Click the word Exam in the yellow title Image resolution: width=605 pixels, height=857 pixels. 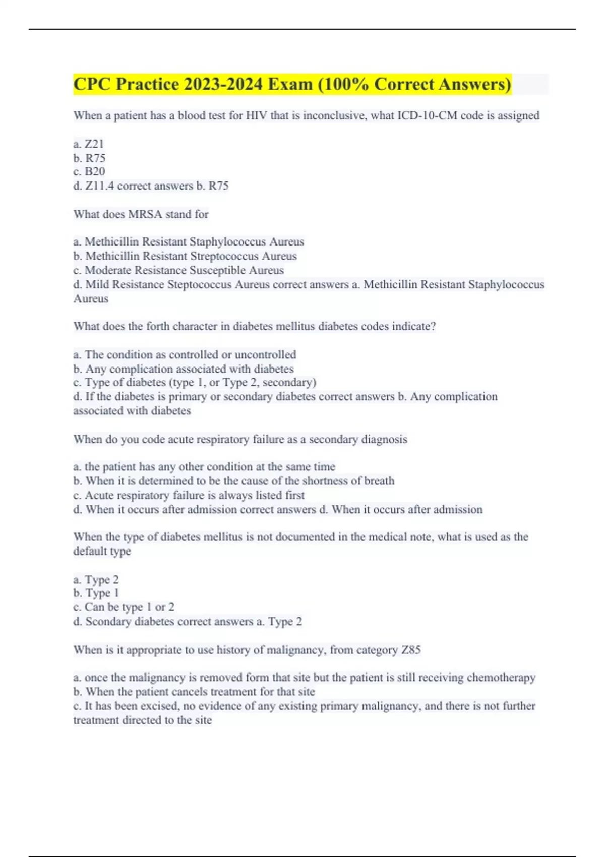(290, 84)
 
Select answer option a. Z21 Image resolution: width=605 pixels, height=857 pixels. (89, 144)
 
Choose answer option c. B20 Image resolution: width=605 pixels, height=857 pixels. (89, 171)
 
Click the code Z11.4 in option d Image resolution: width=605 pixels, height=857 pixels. (99, 186)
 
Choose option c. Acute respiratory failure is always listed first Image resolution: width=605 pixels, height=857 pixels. (189, 495)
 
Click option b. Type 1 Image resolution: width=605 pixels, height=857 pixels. (96, 593)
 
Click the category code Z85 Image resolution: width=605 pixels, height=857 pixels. (411, 650)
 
